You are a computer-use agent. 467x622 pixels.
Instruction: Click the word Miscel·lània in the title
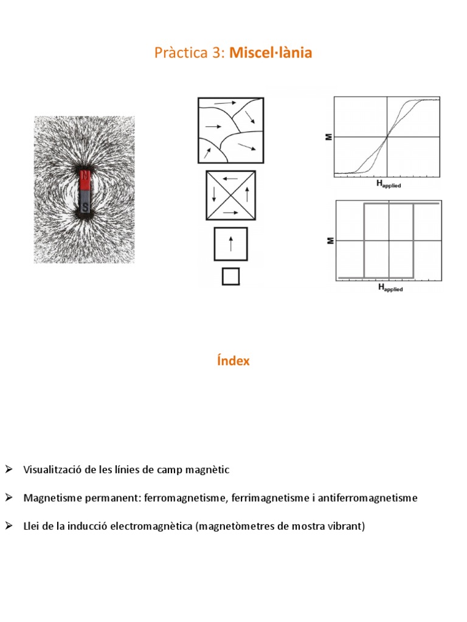pos(271,53)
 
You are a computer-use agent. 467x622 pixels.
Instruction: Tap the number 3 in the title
pos(218,53)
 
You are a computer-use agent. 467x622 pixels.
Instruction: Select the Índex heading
pos(233,361)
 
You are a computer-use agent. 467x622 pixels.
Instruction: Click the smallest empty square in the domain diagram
pos(230,276)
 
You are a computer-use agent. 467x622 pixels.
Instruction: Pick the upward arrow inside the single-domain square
pos(230,244)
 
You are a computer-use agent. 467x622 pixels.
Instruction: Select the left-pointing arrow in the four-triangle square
pos(230,179)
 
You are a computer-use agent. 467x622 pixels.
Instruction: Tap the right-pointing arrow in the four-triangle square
pos(230,213)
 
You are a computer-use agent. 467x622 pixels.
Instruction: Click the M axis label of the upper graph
pos(329,137)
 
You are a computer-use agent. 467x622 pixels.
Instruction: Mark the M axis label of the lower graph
pos(329,241)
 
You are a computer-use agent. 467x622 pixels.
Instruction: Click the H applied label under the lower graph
pos(390,288)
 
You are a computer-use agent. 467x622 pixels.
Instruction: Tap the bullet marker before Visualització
pos(9,470)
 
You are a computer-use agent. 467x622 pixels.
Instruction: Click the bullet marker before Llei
pos(9,526)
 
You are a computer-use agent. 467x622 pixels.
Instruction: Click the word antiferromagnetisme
pos(370,498)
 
